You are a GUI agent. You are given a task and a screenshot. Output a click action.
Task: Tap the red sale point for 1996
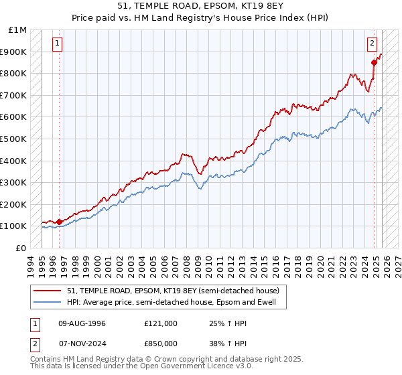(59, 221)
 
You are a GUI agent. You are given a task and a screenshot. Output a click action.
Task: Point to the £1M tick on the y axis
(18, 30)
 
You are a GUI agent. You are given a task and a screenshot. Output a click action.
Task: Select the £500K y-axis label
(15, 139)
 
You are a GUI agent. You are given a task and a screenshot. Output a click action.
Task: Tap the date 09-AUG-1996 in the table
(82, 323)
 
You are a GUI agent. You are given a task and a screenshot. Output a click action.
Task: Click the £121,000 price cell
(161, 323)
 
